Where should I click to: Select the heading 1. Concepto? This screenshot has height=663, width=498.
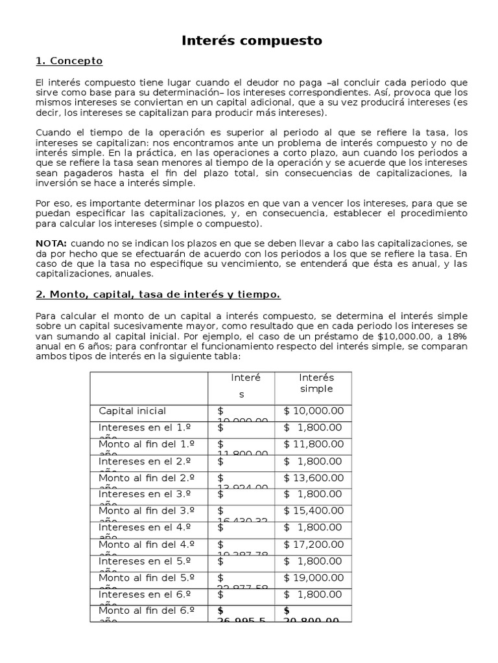[x=69, y=61]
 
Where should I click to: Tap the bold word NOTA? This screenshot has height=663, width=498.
[x=51, y=242]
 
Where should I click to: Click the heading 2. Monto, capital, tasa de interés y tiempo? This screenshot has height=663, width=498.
[x=158, y=295]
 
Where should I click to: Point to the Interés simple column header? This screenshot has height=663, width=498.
[x=316, y=383]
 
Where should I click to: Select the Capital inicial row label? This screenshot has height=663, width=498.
[x=132, y=411]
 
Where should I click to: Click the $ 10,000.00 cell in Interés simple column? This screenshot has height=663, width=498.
[x=314, y=411]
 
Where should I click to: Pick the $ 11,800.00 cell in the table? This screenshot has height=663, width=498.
[x=314, y=444]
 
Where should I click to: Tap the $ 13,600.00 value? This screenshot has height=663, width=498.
[x=314, y=478]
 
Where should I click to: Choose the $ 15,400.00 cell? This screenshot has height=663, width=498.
[x=314, y=511]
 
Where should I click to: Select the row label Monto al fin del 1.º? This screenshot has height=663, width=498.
[x=147, y=444]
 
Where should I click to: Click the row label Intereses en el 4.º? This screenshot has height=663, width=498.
[x=145, y=528]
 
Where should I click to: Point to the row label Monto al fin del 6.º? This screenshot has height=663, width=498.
[x=147, y=611]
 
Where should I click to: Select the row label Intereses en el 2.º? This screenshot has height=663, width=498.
[x=145, y=461]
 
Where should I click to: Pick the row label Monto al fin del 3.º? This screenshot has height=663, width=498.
[x=147, y=511]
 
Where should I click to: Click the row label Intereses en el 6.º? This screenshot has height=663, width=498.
[x=145, y=595]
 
